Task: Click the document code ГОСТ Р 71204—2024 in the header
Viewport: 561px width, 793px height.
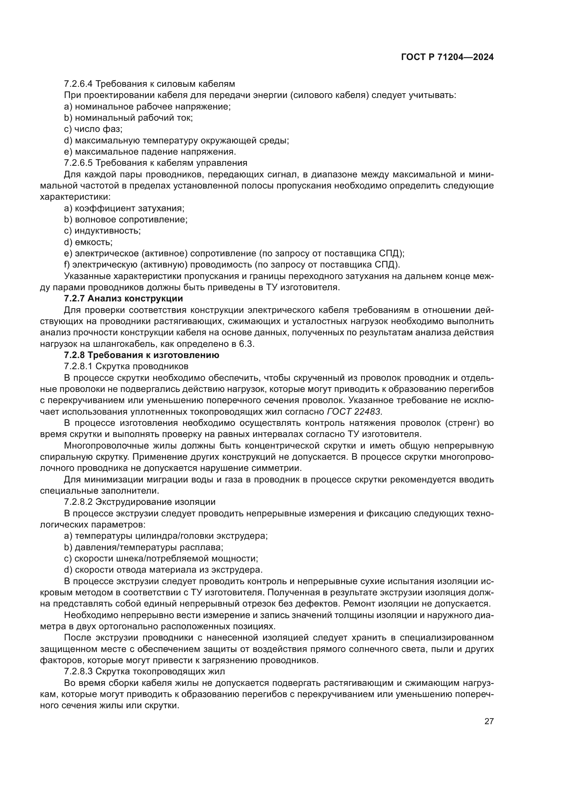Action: coord(447,57)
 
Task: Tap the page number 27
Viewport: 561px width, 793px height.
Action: coord(489,721)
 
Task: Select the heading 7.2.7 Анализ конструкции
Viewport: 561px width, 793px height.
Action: coord(123,298)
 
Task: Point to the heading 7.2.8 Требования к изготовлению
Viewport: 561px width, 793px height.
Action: coord(142,355)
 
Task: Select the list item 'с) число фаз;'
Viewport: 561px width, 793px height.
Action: coord(93,129)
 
